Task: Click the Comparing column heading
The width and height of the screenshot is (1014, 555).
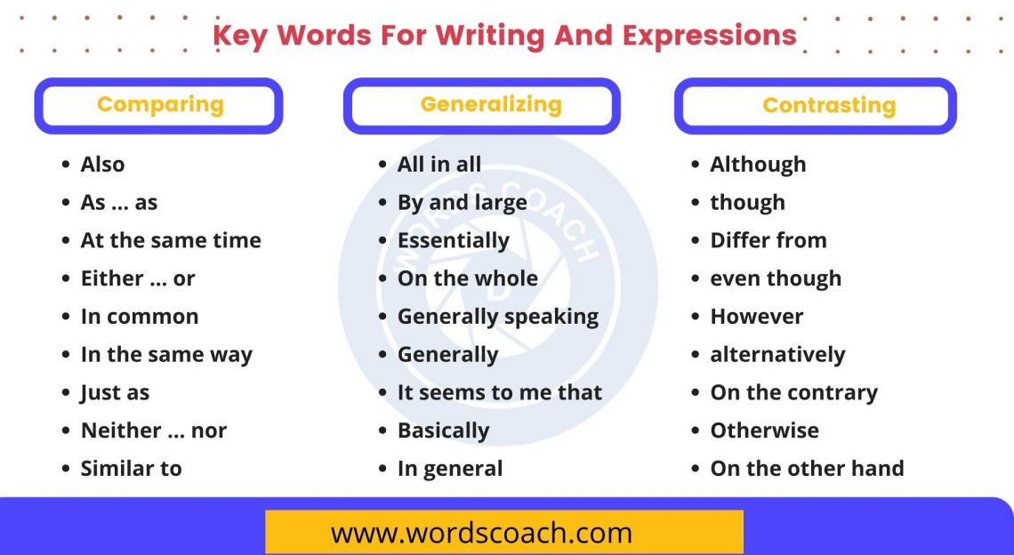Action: click(x=160, y=105)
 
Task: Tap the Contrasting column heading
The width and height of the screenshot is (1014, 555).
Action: click(x=829, y=106)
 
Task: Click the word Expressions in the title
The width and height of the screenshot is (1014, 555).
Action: click(x=709, y=36)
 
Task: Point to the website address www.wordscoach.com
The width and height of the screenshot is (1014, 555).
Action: click(x=481, y=533)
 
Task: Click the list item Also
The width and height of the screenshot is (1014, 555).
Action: click(x=102, y=165)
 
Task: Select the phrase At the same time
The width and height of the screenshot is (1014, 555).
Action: click(x=171, y=240)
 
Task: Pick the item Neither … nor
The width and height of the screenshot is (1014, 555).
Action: click(x=154, y=430)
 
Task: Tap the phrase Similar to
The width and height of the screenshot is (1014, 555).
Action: click(x=131, y=469)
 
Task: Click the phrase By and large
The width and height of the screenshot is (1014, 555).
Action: click(x=462, y=203)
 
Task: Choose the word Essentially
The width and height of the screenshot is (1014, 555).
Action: click(x=453, y=240)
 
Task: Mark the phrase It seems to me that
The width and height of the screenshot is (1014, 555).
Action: click(x=499, y=392)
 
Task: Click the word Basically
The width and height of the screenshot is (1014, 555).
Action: click(x=443, y=430)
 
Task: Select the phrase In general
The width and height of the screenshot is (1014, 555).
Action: click(x=449, y=469)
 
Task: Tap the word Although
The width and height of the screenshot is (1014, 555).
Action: click(x=758, y=165)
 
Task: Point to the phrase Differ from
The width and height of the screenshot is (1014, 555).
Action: click(x=768, y=240)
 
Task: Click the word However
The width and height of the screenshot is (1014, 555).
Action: click(x=756, y=317)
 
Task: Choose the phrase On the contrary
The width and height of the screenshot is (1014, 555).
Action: click(x=793, y=392)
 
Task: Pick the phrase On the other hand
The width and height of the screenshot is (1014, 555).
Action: click(x=807, y=469)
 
